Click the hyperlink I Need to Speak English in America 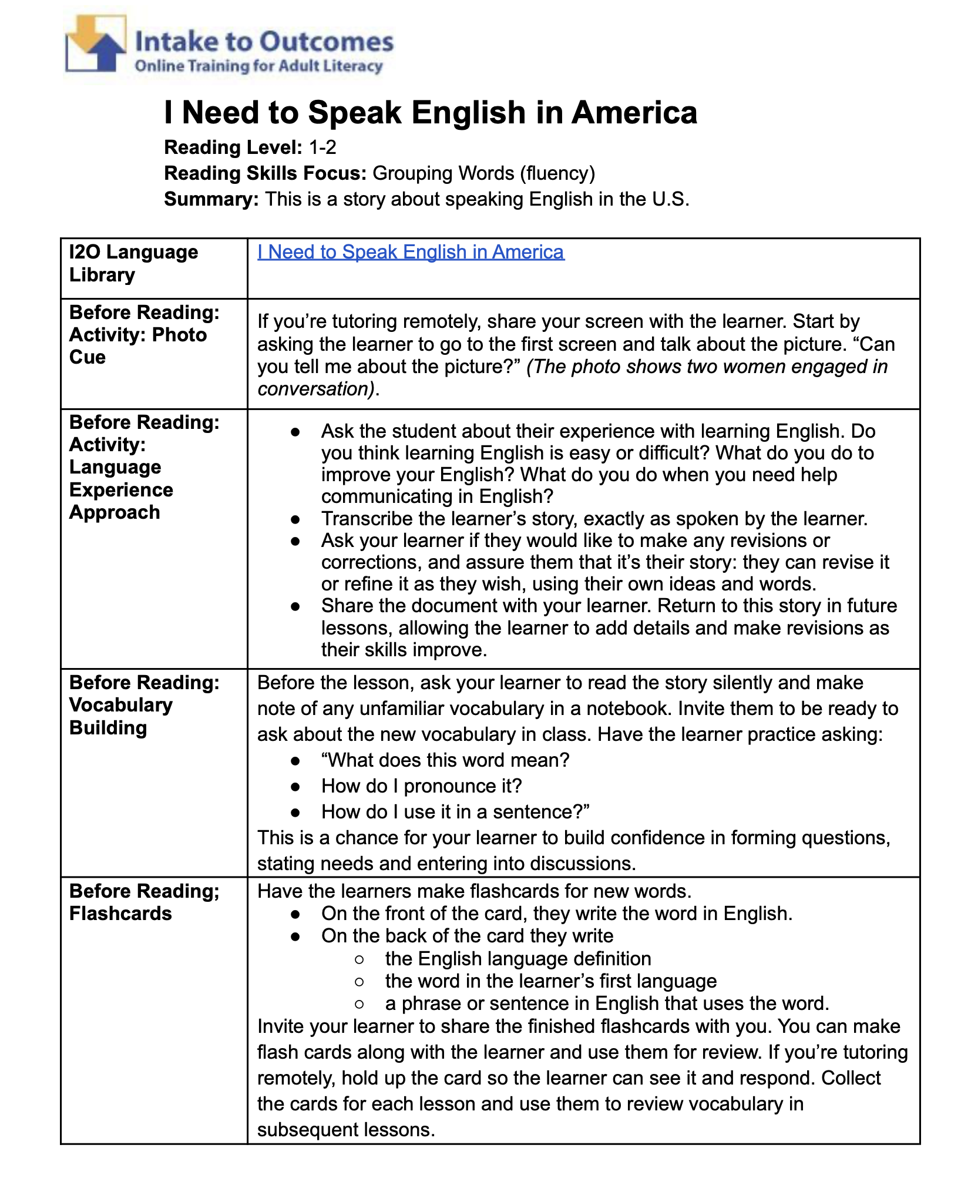tap(411, 252)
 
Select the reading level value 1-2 tap(322, 147)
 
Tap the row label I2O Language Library tap(134, 263)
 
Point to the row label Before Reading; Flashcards tap(144, 902)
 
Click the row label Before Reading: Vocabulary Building tap(144, 704)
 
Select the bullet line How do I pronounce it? tap(421, 786)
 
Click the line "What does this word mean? tap(445, 760)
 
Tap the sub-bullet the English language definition tap(518, 958)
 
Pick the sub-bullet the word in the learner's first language tap(550, 981)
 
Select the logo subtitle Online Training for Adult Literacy tap(258, 66)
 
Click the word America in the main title tap(634, 112)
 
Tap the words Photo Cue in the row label tap(138, 346)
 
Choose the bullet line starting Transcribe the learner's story tap(594, 519)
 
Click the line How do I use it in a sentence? tap(455, 812)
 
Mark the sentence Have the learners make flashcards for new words tap(474, 891)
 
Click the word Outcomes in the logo tap(327, 42)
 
